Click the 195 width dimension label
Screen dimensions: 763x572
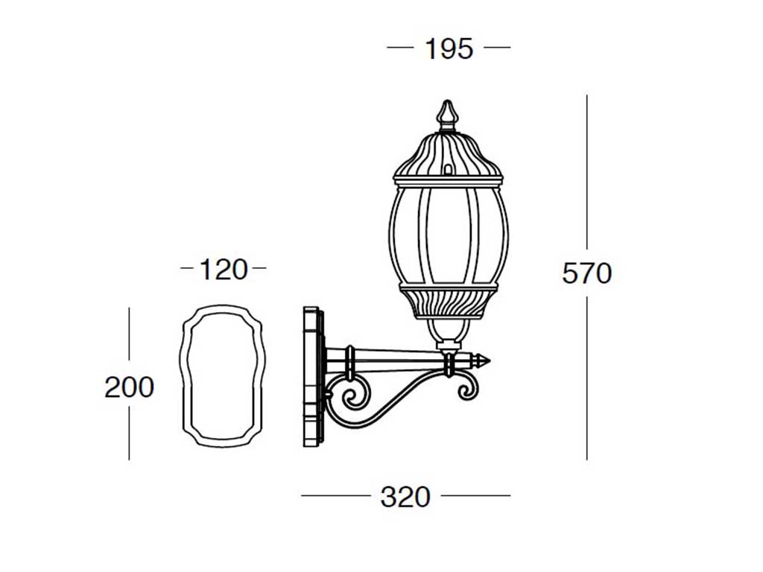[449, 48]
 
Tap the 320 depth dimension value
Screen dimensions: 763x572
[405, 497]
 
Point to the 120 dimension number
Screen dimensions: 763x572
[224, 270]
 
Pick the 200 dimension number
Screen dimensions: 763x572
[129, 387]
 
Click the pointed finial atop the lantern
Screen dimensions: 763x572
[447, 116]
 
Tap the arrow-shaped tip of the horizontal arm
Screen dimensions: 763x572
[483, 361]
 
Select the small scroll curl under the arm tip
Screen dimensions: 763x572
[467, 387]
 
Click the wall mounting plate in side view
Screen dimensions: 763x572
[313, 376]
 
